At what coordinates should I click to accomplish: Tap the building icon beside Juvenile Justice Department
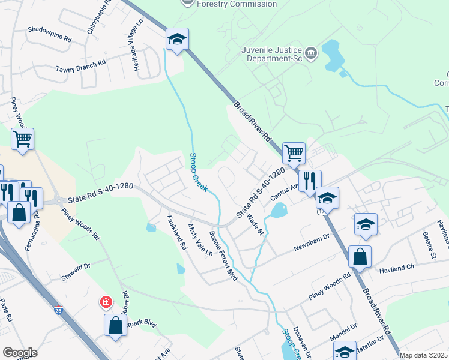click(x=312, y=54)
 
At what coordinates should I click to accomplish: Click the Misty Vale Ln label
click(x=200, y=239)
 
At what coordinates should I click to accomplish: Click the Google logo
click(x=20, y=353)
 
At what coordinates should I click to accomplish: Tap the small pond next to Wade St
click(x=278, y=211)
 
